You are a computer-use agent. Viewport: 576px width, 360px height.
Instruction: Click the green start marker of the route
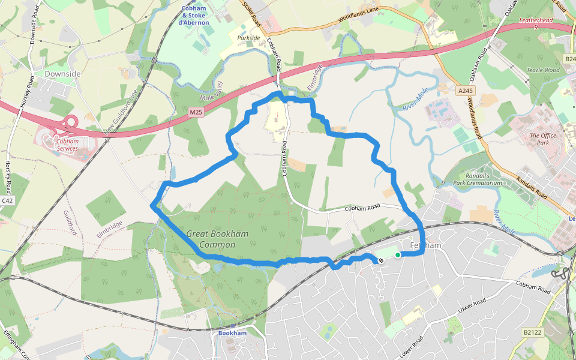coord(397,255)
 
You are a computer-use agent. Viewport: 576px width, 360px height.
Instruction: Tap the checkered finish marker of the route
coord(380,260)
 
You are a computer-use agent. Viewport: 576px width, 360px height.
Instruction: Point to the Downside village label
coord(62,73)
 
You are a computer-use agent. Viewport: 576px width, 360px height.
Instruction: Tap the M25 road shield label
coord(196,112)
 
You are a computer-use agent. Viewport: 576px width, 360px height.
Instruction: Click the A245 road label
coord(464,91)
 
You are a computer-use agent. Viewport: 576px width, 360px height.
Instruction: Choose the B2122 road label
coord(532,332)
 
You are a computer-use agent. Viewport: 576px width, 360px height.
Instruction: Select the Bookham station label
coord(232,333)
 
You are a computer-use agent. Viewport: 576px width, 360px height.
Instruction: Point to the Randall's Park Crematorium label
coord(477,179)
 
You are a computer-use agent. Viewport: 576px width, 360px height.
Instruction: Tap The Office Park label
coord(543,139)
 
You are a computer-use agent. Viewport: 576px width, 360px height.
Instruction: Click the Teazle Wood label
coord(542,70)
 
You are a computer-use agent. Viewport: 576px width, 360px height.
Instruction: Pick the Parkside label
coord(248,38)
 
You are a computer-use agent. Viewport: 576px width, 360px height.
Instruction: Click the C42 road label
coord(7,200)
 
